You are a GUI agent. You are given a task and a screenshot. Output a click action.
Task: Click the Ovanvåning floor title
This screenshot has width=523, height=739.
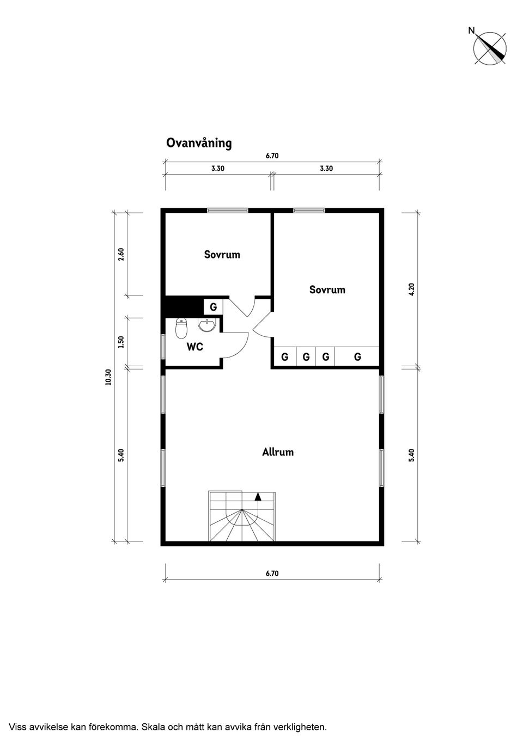[199, 144]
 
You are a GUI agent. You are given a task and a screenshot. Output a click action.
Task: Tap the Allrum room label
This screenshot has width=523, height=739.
[278, 452]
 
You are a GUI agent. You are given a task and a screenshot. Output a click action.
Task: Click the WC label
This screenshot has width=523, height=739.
[195, 347]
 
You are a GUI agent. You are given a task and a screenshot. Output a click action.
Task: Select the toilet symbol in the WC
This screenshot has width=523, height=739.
[181, 328]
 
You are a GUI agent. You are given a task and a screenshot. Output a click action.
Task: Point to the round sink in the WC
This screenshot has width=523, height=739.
[207, 325]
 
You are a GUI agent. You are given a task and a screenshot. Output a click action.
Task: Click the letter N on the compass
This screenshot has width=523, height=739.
[471, 30]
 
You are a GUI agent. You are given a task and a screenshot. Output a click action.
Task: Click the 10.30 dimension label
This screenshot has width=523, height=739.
[108, 377]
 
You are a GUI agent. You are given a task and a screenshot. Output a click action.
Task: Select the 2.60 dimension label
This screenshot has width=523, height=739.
[121, 254]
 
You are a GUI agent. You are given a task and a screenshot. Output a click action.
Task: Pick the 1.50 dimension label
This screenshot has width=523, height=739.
[121, 342]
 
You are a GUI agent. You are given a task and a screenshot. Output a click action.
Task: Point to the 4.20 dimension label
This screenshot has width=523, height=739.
[411, 290]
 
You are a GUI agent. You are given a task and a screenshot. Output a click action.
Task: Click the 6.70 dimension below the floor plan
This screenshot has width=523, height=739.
[272, 574]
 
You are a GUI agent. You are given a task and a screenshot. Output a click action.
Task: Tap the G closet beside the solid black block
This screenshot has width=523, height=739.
[214, 307]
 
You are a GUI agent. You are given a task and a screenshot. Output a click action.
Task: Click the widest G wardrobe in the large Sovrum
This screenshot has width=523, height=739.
[357, 356]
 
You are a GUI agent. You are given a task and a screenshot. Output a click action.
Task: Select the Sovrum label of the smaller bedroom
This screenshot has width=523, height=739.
[222, 255]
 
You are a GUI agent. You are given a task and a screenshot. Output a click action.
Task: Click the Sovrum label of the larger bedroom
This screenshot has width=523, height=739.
[327, 290]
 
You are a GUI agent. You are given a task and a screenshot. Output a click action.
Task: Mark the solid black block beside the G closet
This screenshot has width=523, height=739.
[184, 307]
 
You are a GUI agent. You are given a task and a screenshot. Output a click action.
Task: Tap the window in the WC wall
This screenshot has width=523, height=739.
[162, 347]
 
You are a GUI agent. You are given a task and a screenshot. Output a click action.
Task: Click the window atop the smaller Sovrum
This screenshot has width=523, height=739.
[228, 210]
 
